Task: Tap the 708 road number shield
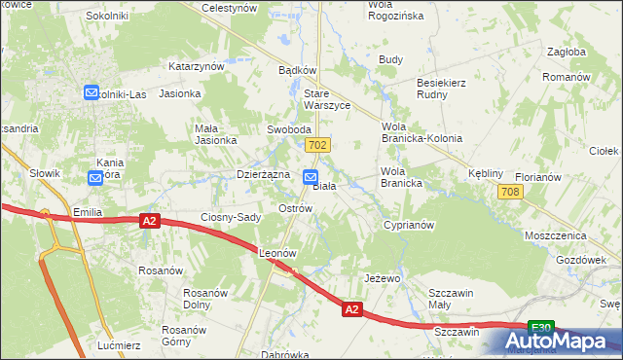pyautogui.click(x=510, y=193)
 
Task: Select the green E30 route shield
pyautogui.click(x=541, y=328)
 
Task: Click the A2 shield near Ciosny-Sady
pyautogui.click(x=148, y=222)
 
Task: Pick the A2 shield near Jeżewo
pyautogui.click(x=352, y=309)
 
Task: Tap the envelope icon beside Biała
pyautogui.click(x=310, y=178)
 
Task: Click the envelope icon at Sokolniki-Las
pyautogui.click(x=92, y=93)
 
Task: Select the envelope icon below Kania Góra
pyautogui.click(x=94, y=178)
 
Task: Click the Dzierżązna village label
pyautogui.click(x=264, y=174)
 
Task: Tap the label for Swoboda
pyautogui.click(x=289, y=129)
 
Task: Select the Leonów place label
pyautogui.click(x=276, y=253)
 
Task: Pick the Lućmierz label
pyautogui.click(x=120, y=345)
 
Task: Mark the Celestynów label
pyautogui.click(x=228, y=8)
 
